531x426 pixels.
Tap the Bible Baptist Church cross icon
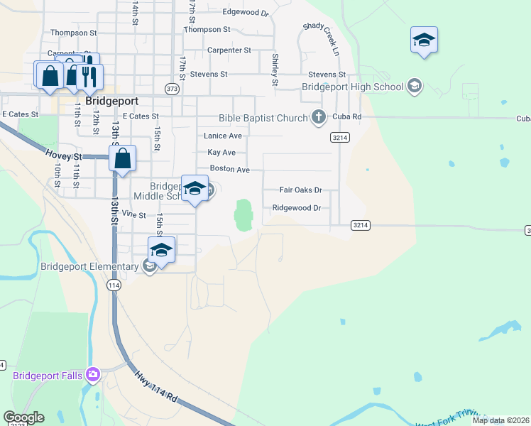tap(319, 117)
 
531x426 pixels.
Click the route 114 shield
tap(113, 285)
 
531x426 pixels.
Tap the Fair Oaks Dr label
tap(300, 190)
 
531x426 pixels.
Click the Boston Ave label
tap(229, 170)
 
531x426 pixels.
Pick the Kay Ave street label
tap(221, 153)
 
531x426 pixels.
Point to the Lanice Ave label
tap(223, 136)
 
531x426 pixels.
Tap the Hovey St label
tap(64, 155)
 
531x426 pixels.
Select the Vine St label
tap(133, 214)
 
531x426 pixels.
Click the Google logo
tap(23, 417)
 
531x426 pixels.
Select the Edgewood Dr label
tap(246, 13)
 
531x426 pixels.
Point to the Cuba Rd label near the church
tap(347, 116)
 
